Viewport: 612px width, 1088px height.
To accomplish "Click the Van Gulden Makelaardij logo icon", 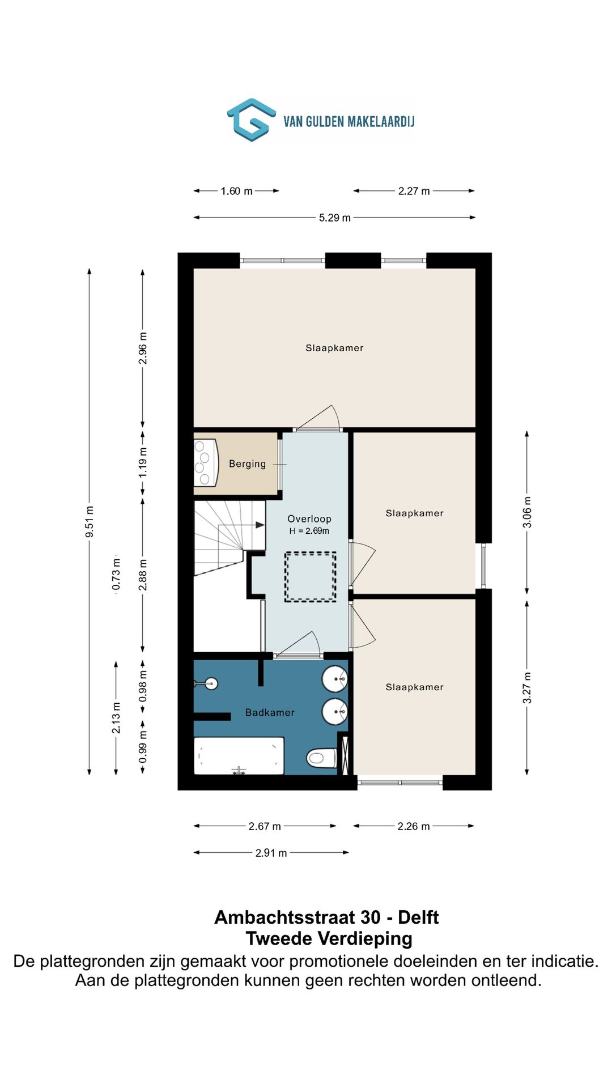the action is (252, 120).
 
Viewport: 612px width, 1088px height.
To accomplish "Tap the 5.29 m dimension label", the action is (334, 218).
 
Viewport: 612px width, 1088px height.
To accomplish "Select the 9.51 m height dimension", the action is (90, 522).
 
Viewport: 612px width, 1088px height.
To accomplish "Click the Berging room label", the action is (247, 464).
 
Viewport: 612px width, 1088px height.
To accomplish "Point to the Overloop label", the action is (309, 518).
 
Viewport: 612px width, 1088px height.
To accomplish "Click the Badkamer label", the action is (270, 712).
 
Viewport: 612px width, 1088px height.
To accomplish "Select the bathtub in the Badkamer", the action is (239, 755).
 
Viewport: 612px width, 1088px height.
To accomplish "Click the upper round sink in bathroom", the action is (335, 679).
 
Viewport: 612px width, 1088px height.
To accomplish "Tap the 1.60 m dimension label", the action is (236, 191).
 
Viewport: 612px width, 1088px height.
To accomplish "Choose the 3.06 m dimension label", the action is (527, 512).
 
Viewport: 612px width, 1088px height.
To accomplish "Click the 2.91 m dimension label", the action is (271, 853).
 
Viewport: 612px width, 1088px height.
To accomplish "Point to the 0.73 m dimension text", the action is (116, 574).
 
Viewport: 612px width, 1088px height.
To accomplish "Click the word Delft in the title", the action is (418, 917).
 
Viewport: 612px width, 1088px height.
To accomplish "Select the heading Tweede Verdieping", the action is (329, 938).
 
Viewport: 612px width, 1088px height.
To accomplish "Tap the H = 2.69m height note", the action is (309, 531).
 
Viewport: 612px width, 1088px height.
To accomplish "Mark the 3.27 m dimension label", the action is (527, 687).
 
